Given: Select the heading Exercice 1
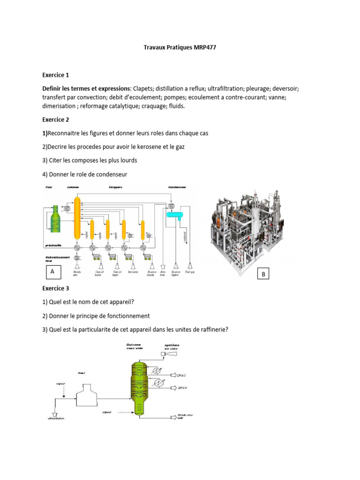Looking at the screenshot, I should (55, 75).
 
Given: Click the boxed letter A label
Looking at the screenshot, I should (52, 271).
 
